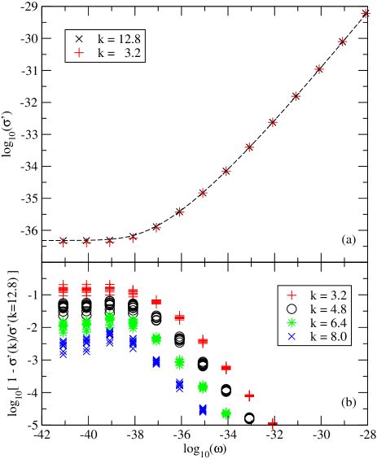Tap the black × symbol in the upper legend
(x=79, y=39)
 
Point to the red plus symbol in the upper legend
(x=79, y=53)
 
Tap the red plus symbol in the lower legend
(x=292, y=295)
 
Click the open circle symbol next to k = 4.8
(x=292, y=308)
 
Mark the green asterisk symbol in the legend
(x=292, y=322)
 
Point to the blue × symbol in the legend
(x=292, y=336)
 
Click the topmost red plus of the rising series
(x=366, y=13)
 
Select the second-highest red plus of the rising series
(x=343, y=41)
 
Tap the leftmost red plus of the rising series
(x=64, y=243)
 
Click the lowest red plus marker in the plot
(x=273, y=423)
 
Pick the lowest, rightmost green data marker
(x=226, y=413)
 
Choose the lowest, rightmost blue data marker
(x=203, y=410)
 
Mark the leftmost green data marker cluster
(x=64, y=327)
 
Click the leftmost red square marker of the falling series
(x=64, y=289)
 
